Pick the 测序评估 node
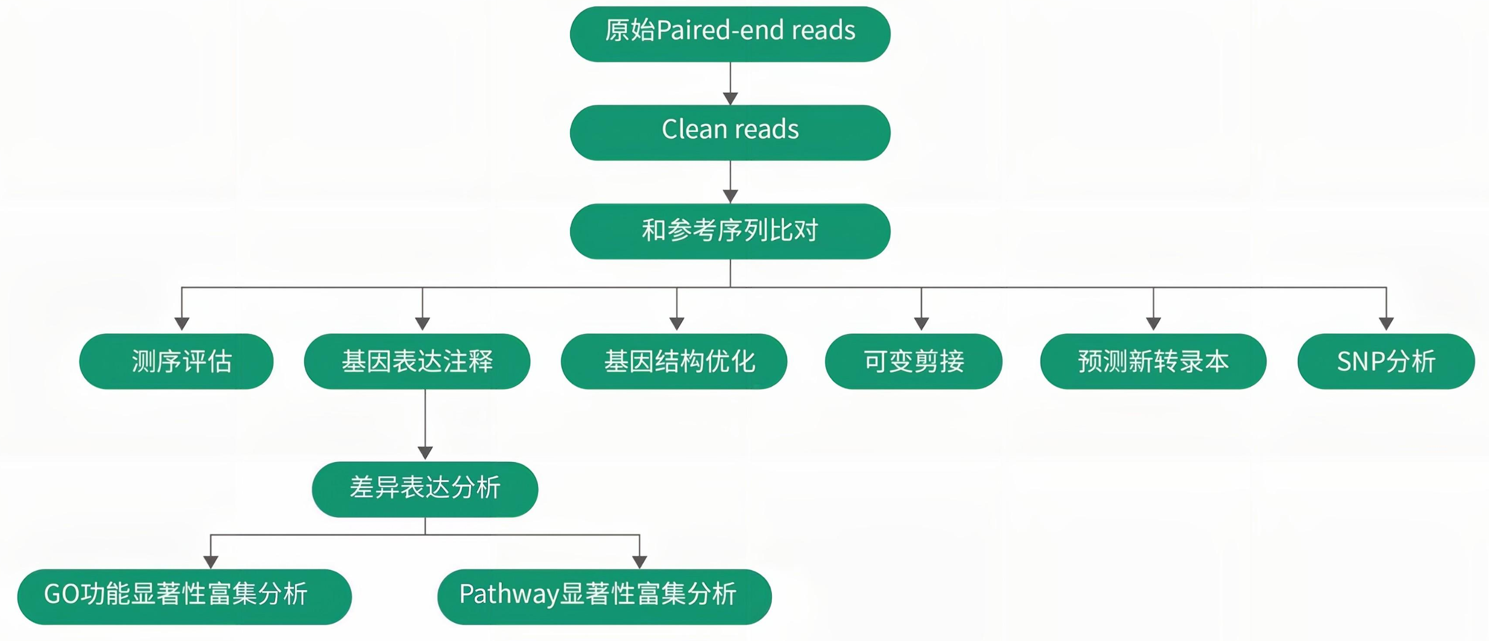176,361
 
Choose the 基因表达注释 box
417,361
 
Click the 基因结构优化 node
674,361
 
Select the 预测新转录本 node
1153,361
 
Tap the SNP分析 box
1386,361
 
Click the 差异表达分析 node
425,489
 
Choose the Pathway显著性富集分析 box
604,597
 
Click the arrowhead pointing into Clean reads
730,99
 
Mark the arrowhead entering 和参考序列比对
730,197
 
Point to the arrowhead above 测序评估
182,324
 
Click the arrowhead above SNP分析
1386,324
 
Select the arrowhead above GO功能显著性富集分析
211,561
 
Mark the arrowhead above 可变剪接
921,324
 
